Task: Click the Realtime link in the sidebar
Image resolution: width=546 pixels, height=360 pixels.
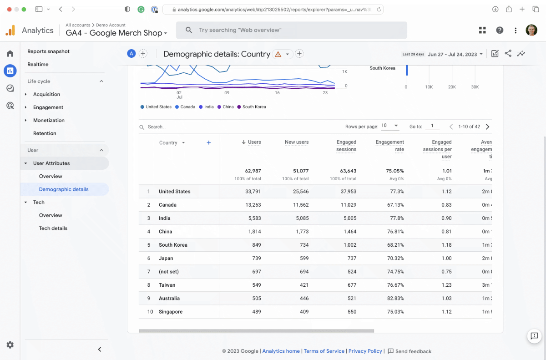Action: tap(38, 64)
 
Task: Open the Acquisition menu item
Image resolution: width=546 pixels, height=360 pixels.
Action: tap(46, 94)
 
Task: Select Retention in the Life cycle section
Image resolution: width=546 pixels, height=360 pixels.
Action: tap(45, 133)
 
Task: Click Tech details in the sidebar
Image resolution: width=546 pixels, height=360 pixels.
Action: tap(53, 228)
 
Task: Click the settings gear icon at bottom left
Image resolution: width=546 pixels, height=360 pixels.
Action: tap(10, 345)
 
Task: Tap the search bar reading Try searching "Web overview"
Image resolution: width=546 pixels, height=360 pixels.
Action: tap(291, 30)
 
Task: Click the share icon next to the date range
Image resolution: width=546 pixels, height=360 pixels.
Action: tap(508, 54)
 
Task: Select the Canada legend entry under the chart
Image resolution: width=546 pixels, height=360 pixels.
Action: tap(187, 107)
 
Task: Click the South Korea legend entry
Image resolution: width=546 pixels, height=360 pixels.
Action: tap(254, 107)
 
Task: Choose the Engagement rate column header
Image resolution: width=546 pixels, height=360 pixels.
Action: tap(389, 146)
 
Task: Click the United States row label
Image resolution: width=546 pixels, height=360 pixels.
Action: tap(174, 192)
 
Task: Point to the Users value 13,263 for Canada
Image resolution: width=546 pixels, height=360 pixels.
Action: tap(253, 205)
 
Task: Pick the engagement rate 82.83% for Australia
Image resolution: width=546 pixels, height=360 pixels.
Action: tap(394, 299)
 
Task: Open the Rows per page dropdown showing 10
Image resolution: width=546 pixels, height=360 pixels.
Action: tap(390, 126)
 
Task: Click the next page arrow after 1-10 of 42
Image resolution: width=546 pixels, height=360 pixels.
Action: tap(487, 127)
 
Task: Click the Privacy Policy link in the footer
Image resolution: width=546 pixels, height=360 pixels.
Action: tap(365, 351)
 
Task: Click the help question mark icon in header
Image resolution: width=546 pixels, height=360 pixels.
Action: tap(500, 30)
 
